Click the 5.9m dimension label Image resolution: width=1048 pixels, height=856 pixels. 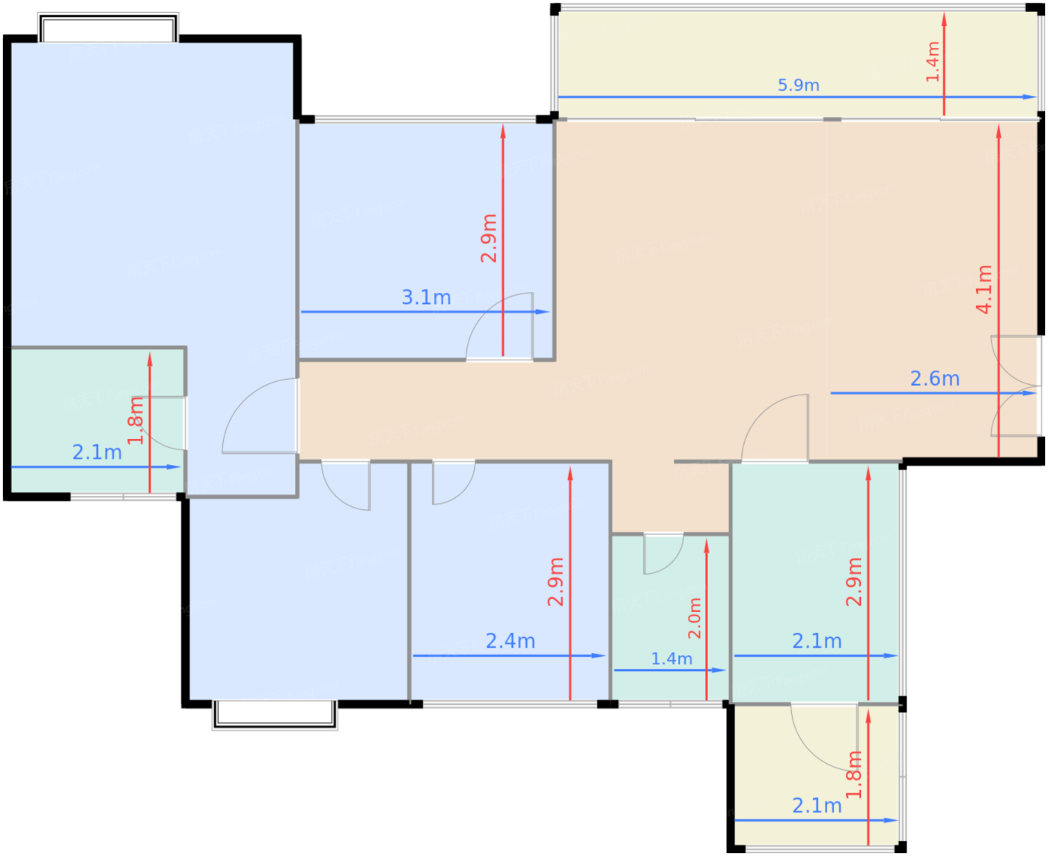click(798, 85)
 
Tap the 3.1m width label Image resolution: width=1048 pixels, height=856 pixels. click(426, 297)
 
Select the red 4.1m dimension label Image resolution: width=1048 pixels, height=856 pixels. click(984, 289)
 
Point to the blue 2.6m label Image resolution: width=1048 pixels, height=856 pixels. click(935, 379)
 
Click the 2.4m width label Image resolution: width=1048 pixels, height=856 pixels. click(511, 641)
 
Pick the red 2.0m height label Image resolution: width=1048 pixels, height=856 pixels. click(694, 618)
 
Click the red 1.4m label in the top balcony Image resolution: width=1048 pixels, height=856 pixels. click(933, 61)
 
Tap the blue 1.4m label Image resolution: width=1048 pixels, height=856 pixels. click(671, 658)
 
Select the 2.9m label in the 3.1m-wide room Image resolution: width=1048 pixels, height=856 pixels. click(489, 237)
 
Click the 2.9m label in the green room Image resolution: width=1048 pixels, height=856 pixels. click(853, 582)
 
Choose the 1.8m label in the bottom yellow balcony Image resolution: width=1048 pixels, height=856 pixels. click(853, 774)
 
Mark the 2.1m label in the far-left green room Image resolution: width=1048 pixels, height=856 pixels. click(97, 452)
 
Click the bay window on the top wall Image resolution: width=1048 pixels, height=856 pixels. click(108, 28)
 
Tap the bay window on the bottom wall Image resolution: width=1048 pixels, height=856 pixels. click(275, 714)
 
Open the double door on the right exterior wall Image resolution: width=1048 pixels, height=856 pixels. click(1016, 386)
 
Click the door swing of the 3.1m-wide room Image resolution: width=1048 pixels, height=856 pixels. click(499, 326)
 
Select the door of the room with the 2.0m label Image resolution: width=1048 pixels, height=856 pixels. click(663, 554)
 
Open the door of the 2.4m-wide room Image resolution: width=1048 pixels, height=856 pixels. click(454, 483)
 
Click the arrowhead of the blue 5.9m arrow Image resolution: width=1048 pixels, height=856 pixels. click(1029, 97)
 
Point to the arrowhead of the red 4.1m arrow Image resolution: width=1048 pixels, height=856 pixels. click(999, 131)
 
